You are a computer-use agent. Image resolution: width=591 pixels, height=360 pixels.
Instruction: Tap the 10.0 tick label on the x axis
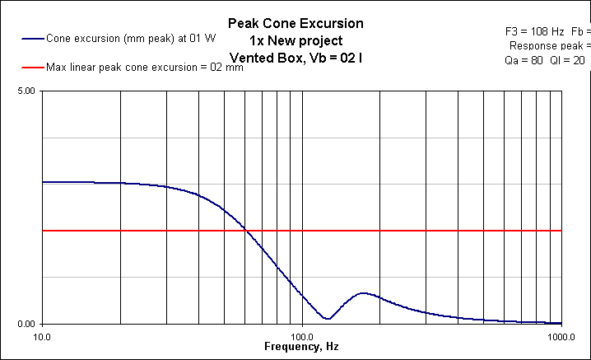pyautogui.click(x=42, y=336)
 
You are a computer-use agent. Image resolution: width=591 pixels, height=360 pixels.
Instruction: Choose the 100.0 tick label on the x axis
pyautogui.click(x=302, y=336)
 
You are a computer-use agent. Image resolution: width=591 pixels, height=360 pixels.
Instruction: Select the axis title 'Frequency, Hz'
pyautogui.click(x=301, y=348)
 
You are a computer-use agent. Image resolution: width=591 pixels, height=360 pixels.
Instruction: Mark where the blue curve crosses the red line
pyautogui.click(x=244, y=231)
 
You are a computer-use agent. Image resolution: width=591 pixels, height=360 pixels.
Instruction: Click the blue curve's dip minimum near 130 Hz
pyautogui.click(x=328, y=319)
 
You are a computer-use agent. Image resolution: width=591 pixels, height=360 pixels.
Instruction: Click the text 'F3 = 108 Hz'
pyautogui.click(x=532, y=30)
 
